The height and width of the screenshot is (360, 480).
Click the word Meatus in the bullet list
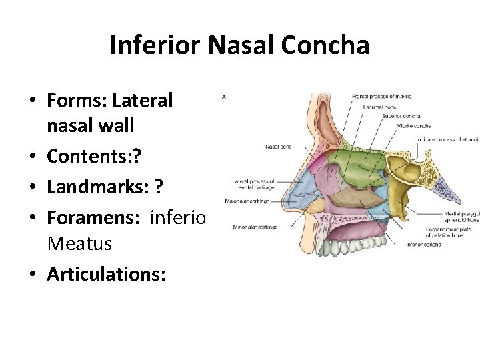(x=79, y=244)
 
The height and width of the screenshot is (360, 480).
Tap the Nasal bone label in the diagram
(x=277, y=147)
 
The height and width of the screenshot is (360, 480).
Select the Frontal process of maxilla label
(x=383, y=97)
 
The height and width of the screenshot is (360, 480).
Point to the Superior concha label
(x=401, y=115)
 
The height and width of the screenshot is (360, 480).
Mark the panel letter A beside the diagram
(x=224, y=97)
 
